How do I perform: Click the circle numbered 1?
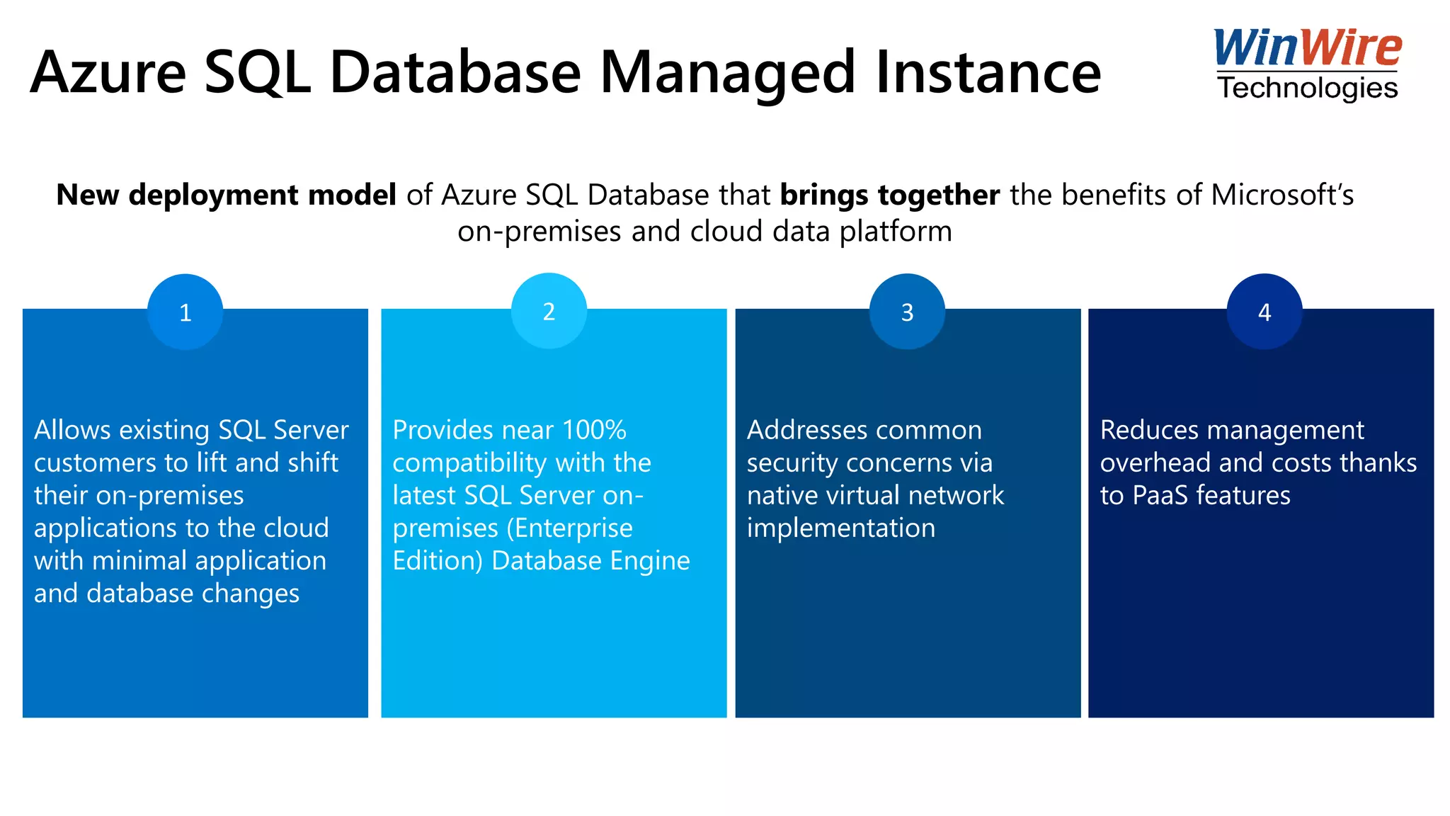185,312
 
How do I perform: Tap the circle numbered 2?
549,311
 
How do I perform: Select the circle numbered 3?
907,312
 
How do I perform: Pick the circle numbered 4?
1265,312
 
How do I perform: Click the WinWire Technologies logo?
1307,64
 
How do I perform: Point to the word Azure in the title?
108,73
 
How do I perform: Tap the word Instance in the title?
988,73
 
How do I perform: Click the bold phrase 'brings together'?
889,195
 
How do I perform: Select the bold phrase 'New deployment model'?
226,195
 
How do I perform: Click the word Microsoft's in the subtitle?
1282,195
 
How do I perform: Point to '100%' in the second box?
593,430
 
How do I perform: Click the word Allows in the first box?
72,430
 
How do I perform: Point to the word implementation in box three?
841,528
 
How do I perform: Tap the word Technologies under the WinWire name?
1307,89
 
